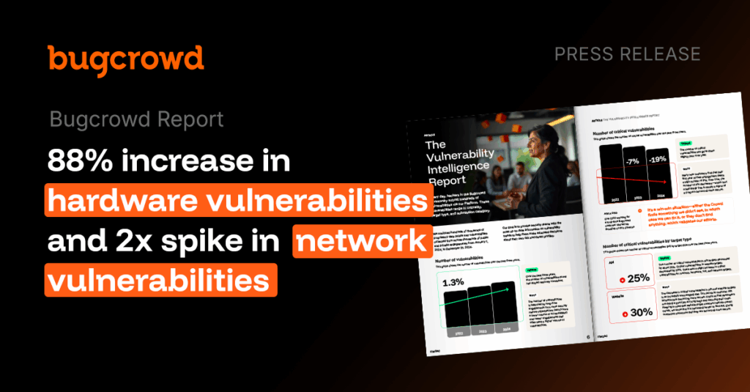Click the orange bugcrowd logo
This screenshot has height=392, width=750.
[x=125, y=59]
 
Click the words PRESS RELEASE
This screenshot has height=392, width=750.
[x=627, y=54]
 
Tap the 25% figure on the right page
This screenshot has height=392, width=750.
[x=637, y=278]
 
